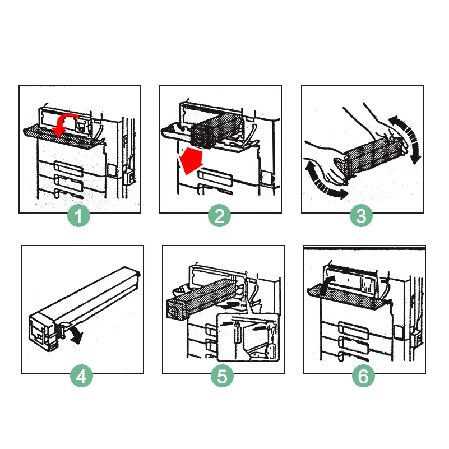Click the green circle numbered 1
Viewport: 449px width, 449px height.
pos(78,216)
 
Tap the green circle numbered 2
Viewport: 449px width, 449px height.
pos(219,216)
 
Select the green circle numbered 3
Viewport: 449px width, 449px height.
pos(361,216)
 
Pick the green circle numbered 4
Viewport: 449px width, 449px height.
pos(82,376)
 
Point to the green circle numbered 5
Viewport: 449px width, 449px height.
pos(222,376)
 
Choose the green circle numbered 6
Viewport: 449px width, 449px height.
pos(363,376)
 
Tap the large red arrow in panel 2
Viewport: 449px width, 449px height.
pos(191,161)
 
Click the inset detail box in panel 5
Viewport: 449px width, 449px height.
pos(248,337)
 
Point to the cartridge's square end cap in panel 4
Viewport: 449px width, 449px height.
pos(43,332)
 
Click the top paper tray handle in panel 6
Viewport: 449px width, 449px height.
pos(353,328)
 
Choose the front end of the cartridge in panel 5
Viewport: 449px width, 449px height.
pos(175,310)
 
